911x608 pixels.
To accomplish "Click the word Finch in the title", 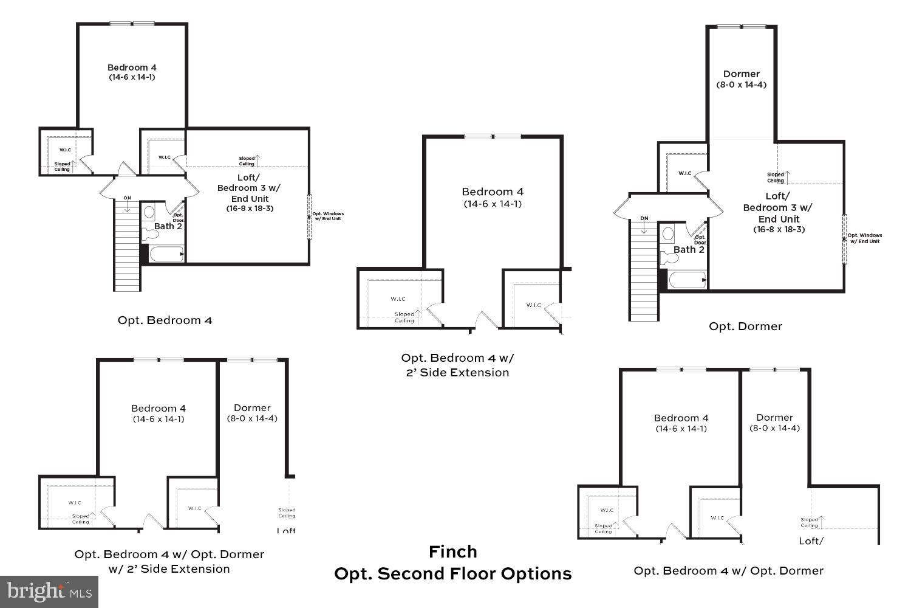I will click(453, 552).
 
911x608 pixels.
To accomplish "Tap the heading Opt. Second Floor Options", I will click(453, 574).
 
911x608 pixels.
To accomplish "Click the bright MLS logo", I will click(49, 591).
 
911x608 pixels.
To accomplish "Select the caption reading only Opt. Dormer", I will click(745, 326).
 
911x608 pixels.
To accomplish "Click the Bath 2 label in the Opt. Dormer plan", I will click(689, 250).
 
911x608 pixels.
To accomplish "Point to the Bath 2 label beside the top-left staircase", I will click(168, 226).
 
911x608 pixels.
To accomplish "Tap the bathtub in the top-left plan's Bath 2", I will click(166, 254).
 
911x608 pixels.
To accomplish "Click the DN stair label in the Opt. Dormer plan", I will click(644, 218).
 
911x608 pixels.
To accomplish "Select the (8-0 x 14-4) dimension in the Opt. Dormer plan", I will click(741, 85).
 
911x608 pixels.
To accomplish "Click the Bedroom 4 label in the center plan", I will click(493, 192).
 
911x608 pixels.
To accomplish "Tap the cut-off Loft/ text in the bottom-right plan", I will click(811, 541).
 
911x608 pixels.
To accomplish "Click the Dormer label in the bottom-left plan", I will click(252, 408).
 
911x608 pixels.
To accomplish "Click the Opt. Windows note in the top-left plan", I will click(328, 216).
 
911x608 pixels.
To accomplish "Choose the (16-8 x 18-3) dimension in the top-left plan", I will click(250, 209).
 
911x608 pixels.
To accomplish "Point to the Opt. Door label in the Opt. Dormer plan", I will click(700, 240).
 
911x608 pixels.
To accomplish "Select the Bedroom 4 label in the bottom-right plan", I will click(681, 418).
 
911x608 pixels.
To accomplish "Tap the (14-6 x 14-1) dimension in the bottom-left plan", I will click(159, 419).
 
